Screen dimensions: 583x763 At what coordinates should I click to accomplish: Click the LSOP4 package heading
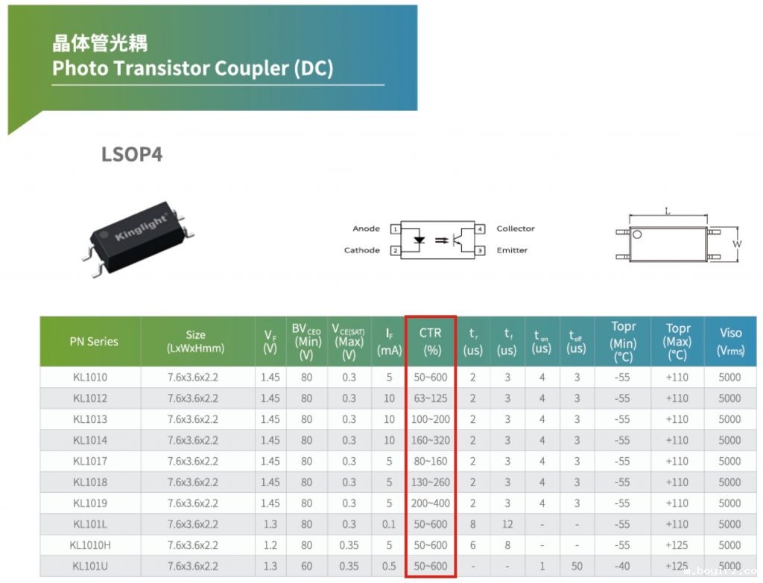(x=131, y=155)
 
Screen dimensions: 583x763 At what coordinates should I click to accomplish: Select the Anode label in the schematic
(x=366, y=229)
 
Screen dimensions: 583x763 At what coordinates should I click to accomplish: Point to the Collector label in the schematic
(x=516, y=229)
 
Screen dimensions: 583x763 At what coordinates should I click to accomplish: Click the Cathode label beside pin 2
(x=362, y=250)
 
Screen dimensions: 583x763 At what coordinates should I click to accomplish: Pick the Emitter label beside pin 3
(x=512, y=250)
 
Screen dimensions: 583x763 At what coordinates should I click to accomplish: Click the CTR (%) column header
(x=430, y=341)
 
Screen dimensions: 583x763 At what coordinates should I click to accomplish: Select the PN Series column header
(x=94, y=342)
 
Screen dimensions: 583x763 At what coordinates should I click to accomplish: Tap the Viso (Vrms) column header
(x=730, y=342)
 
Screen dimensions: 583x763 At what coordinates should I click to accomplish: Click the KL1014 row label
(x=90, y=440)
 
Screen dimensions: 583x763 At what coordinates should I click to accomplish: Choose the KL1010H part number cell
(x=90, y=545)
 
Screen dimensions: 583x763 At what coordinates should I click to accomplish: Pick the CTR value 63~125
(x=430, y=398)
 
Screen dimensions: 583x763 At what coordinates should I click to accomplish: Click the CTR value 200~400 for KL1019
(x=430, y=503)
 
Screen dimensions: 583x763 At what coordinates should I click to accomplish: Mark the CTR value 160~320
(x=430, y=440)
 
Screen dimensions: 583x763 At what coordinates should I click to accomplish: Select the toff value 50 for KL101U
(x=577, y=566)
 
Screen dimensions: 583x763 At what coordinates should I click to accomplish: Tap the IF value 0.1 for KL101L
(x=389, y=524)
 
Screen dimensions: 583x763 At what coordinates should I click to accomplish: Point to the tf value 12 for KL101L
(x=507, y=524)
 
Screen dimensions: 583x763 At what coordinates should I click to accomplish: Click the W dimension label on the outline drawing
(x=737, y=243)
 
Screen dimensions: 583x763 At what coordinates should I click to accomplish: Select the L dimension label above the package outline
(x=668, y=211)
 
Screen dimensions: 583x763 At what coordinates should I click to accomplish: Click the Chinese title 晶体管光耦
(x=100, y=42)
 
